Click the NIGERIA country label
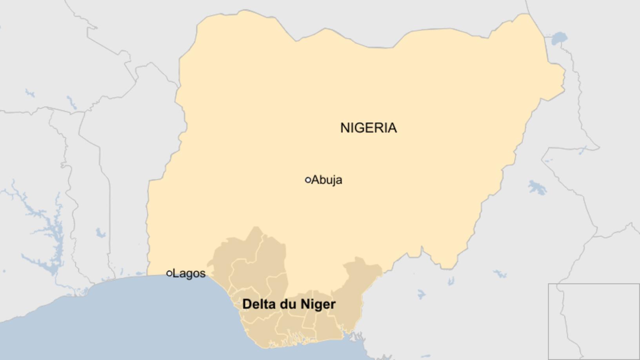pyautogui.click(x=368, y=128)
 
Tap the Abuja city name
pyautogui.click(x=327, y=180)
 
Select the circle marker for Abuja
pyautogui.click(x=308, y=180)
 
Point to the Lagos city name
pyautogui.click(x=189, y=273)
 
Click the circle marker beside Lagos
pyautogui.click(x=169, y=273)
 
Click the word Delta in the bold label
pyautogui.click(x=259, y=304)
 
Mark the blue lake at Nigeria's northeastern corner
pyautogui.click(x=559, y=39)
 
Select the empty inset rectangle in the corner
pyautogui.click(x=594, y=321)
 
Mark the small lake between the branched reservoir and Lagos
pyautogui.click(x=100, y=233)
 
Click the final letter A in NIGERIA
pyautogui.click(x=392, y=128)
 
